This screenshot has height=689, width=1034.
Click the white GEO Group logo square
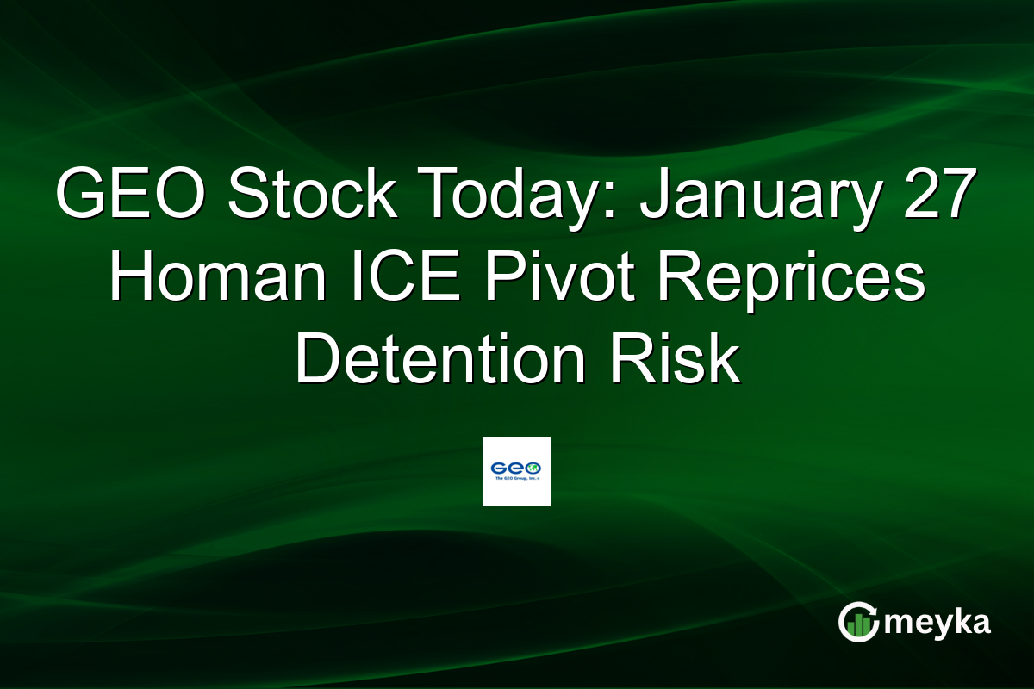coord(517,471)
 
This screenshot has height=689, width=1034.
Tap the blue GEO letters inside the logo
coord(516,469)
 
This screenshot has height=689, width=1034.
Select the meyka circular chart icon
coord(860,622)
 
